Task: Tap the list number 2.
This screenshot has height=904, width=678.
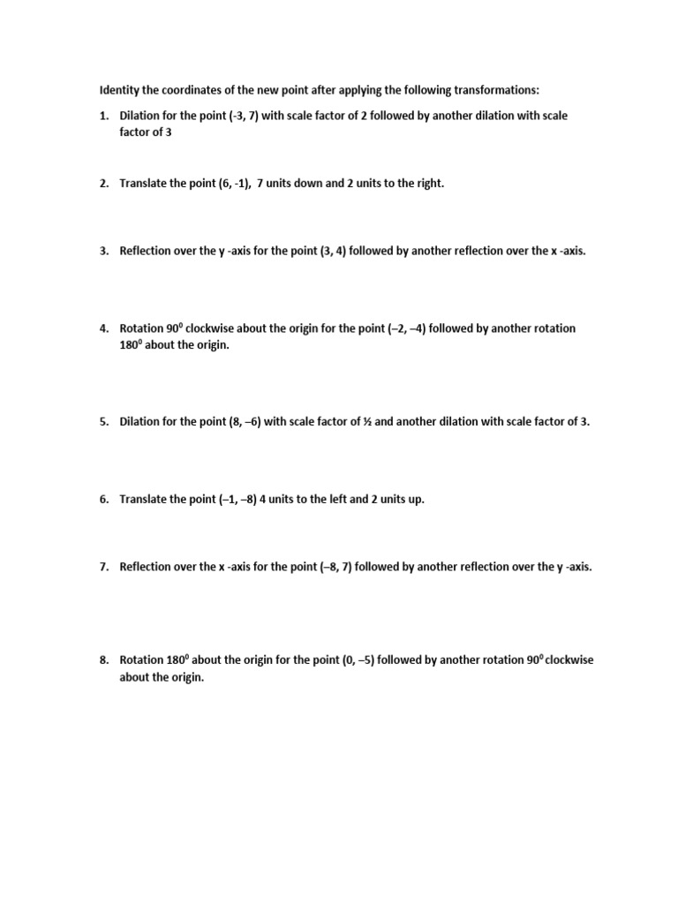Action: point(103,183)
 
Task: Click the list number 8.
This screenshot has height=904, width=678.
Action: point(103,659)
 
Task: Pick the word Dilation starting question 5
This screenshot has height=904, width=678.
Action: point(141,421)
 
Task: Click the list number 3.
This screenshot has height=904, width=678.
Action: point(103,251)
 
